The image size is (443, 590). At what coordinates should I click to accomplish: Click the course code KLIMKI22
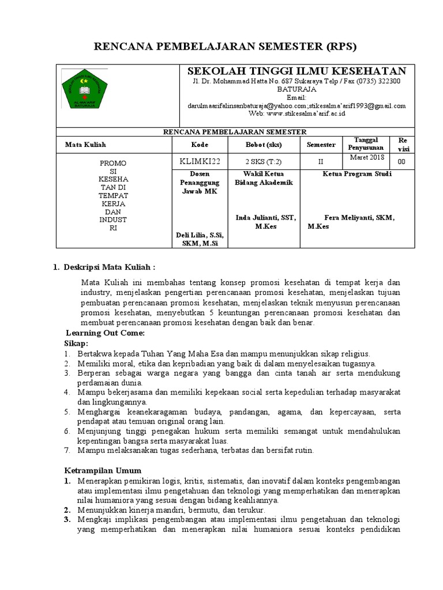click(200, 162)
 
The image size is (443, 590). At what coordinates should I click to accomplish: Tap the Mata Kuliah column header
click(85, 145)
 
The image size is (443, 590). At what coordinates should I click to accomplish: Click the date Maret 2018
click(365, 157)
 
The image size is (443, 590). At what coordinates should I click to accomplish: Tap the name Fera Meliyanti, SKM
click(359, 217)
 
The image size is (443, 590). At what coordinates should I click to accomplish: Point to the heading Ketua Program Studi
click(357, 173)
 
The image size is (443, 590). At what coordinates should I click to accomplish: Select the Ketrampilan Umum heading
click(102, 470)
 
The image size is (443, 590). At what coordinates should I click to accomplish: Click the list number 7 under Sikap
click(67, 450)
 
